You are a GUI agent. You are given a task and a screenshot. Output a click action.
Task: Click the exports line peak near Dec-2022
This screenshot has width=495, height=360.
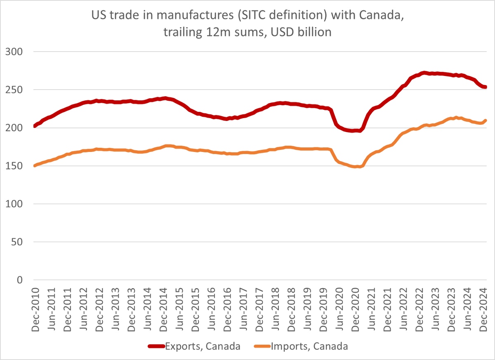424,73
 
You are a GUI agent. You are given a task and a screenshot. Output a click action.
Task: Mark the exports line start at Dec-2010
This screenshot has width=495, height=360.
35,126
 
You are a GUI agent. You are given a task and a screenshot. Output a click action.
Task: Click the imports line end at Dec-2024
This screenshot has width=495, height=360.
486,121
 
